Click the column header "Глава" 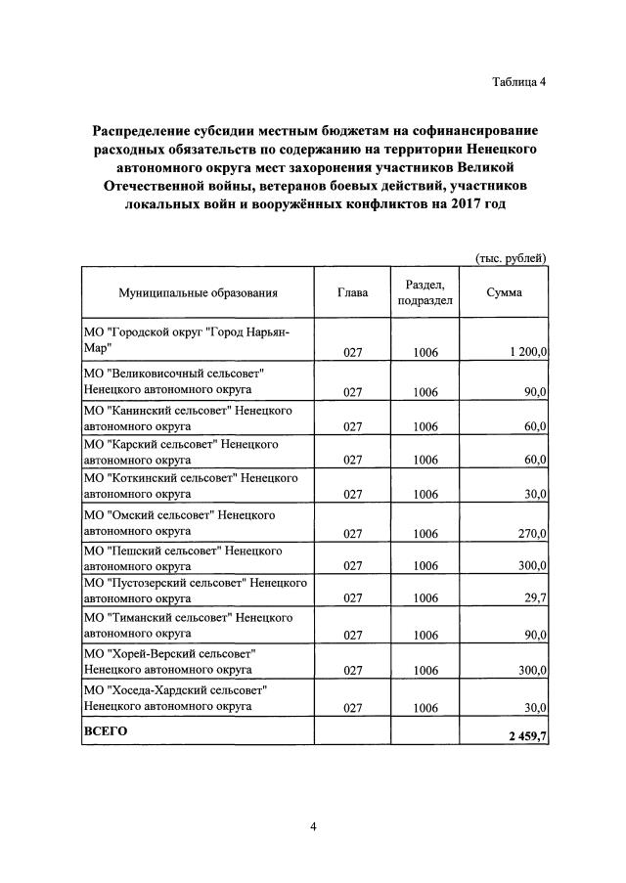[352, 292]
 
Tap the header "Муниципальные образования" [199, 292]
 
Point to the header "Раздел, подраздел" [425, 292]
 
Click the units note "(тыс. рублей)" [510, 258]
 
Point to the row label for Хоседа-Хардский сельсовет [176, 697]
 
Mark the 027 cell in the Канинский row [353, 426]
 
